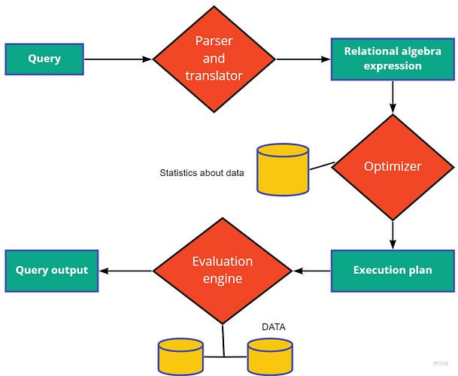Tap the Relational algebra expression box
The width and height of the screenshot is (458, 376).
coord(393,59)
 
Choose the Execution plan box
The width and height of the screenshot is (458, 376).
coord(393,270)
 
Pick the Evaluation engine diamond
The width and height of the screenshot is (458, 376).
coord(222,270)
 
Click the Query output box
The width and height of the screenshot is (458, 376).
coord(52,270)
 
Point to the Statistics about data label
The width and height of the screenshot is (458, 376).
coord(202,172)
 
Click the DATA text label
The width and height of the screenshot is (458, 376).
coord(272,327)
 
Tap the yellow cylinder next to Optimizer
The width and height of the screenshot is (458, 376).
coord(283,169)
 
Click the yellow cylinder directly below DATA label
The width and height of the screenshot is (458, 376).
coord(269,356)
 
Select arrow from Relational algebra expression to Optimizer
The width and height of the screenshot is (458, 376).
coord(393,96)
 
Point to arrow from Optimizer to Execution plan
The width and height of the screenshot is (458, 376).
coord(393,233)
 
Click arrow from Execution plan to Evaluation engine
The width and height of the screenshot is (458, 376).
coord(311,270)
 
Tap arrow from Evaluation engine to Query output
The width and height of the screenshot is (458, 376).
coord(126,270)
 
